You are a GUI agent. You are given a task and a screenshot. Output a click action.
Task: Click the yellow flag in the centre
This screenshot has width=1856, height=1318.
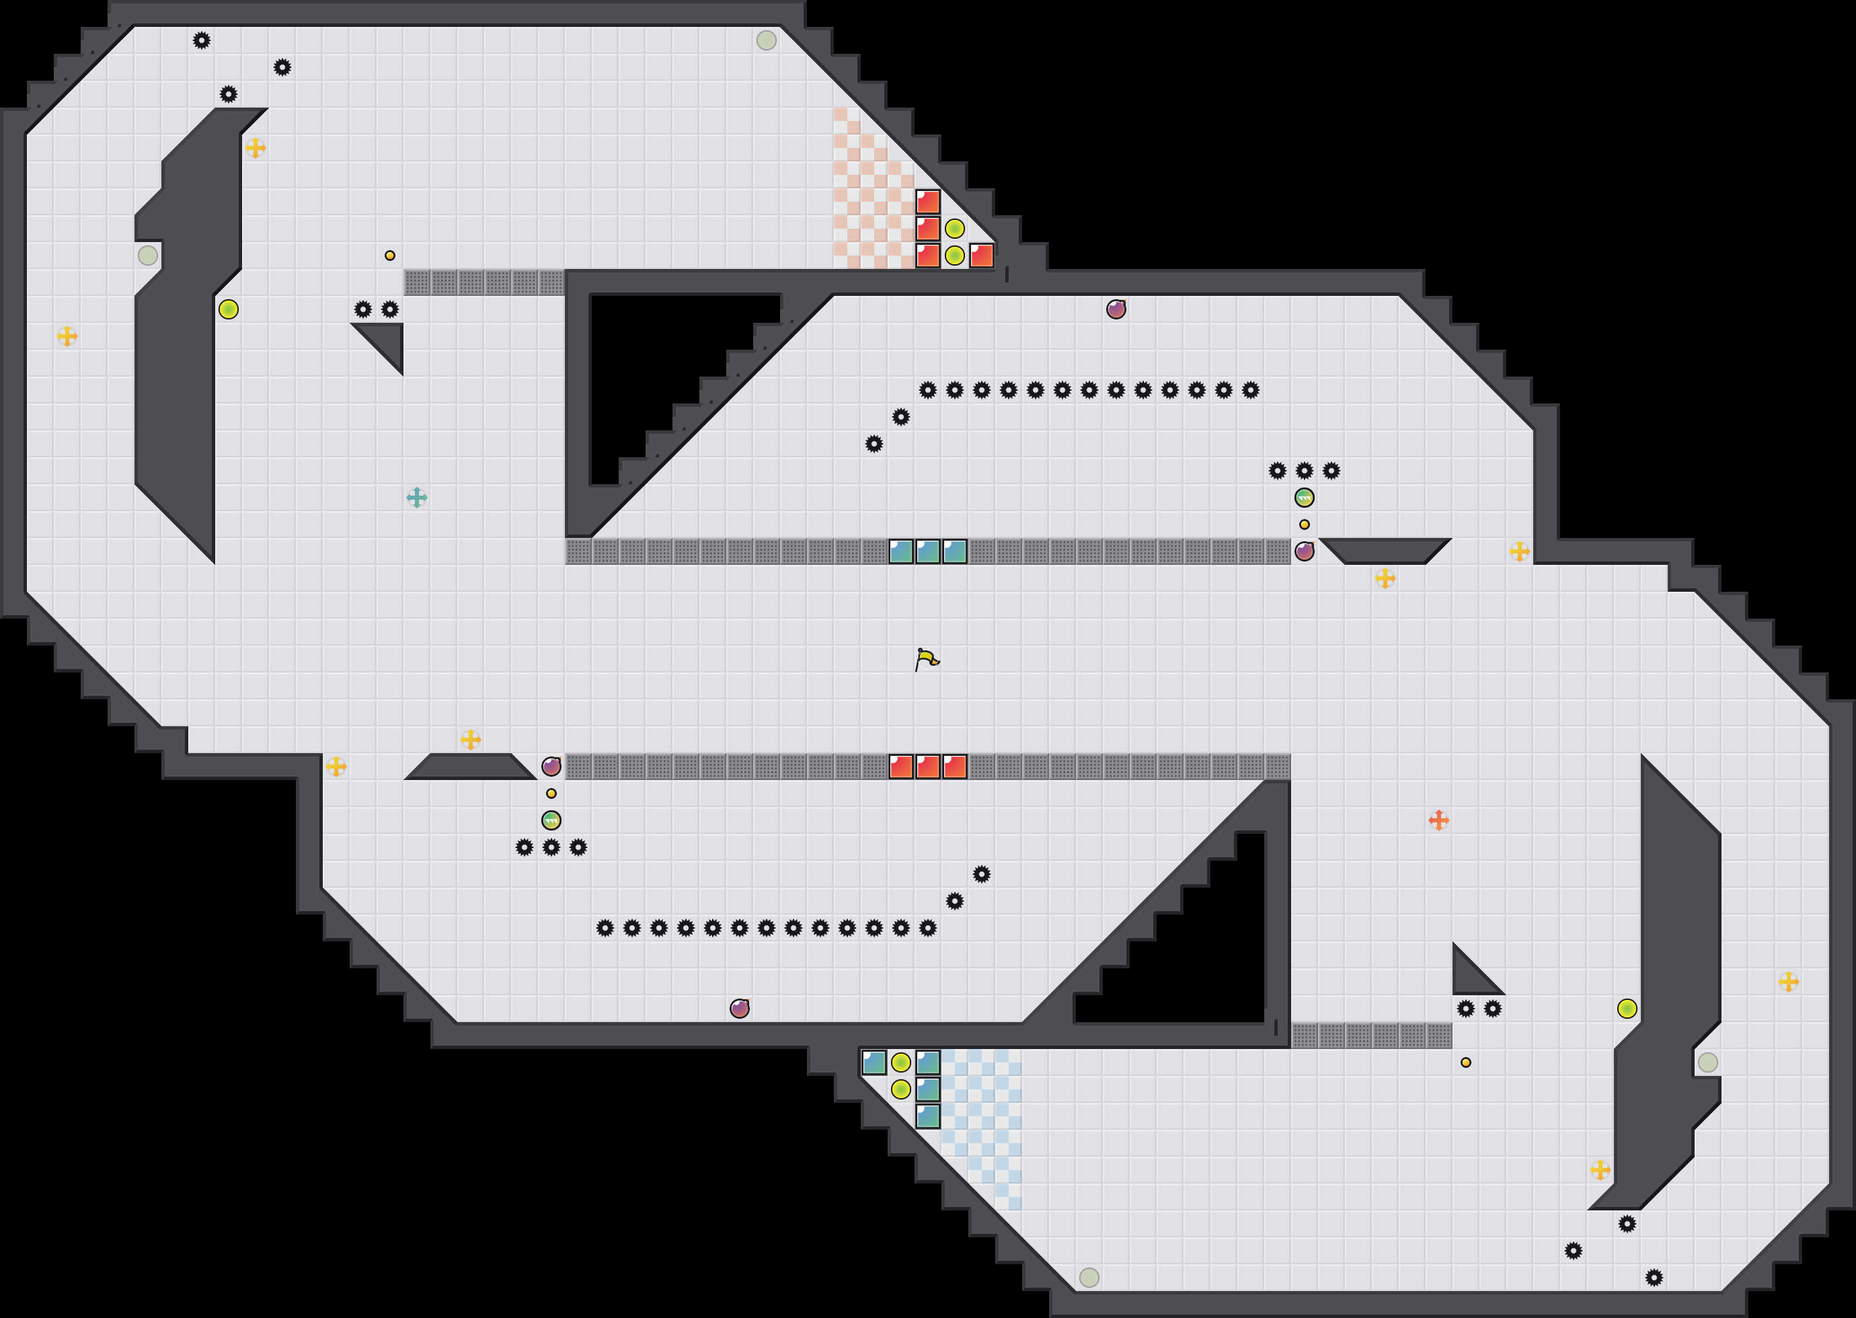tap(927, 659)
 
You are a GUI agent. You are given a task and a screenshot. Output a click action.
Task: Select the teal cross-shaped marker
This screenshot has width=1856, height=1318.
tap(416, 498)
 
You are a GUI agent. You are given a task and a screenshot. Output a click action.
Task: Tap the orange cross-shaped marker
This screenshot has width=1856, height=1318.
tap(1438, 820)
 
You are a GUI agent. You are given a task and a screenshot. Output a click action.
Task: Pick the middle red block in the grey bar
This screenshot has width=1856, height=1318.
tap(927, 766)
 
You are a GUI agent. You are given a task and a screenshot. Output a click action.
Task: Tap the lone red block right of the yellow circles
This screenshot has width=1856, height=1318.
tap(981, 256)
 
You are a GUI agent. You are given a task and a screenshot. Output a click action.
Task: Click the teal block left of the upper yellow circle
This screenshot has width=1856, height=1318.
tap(874, 1062)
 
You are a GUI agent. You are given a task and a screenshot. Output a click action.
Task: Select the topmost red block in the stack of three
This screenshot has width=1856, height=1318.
tap(927, 201)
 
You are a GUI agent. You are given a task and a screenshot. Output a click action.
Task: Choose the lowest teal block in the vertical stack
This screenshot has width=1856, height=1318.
tap(927, 1116)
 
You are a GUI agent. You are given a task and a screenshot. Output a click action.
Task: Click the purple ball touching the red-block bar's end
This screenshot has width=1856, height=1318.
tap(551, 766)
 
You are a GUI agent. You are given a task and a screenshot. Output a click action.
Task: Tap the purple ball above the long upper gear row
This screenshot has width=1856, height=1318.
tap(1116, 309)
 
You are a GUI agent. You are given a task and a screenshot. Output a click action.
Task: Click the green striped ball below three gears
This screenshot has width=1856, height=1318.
tap(1304, 498)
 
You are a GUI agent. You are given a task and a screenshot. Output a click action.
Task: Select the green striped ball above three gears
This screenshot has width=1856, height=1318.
tap(551, 820)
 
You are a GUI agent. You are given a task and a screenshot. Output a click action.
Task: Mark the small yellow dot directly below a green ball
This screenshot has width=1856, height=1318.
tap(1304, 525)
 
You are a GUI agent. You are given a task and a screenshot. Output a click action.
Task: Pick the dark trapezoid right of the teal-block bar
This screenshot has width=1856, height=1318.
tap(1385, 549)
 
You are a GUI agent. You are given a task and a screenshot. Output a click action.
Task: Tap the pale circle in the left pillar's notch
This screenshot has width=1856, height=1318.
tap(148, 256)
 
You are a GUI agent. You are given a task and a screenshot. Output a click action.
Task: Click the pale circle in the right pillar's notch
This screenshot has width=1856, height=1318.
tap(1707, 1062)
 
